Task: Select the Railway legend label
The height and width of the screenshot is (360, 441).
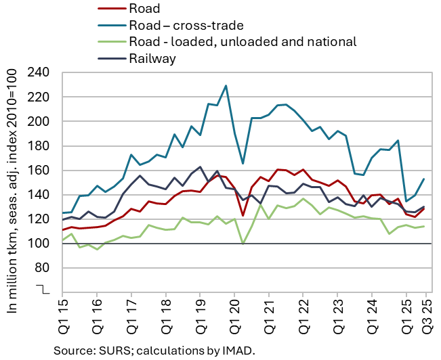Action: click(152, 58)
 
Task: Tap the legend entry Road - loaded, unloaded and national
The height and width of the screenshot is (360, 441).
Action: click(242, 42)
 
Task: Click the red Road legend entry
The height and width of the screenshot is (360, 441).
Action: click(142, 9)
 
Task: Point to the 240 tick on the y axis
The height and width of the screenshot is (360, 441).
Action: click(41, 73)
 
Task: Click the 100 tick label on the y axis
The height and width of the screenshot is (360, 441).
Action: click(41, 244)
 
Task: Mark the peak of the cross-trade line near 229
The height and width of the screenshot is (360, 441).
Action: click(226, 86)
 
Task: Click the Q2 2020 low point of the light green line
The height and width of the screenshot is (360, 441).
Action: click(243, 244)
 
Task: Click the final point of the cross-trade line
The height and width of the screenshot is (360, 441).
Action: click(423, 179)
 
